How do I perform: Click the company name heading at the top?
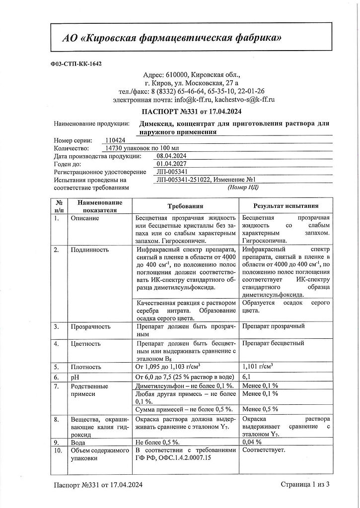click(173, 38)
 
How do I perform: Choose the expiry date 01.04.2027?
click(171, 164)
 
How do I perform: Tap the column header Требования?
click(185, 206)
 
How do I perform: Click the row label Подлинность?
click(90, 250)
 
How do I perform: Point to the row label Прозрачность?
click(91, 326)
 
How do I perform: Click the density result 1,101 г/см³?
click(259, 367)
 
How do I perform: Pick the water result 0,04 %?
click(252, 442)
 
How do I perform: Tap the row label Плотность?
click(86, 367)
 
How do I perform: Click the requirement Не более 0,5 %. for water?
click(158, 442)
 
